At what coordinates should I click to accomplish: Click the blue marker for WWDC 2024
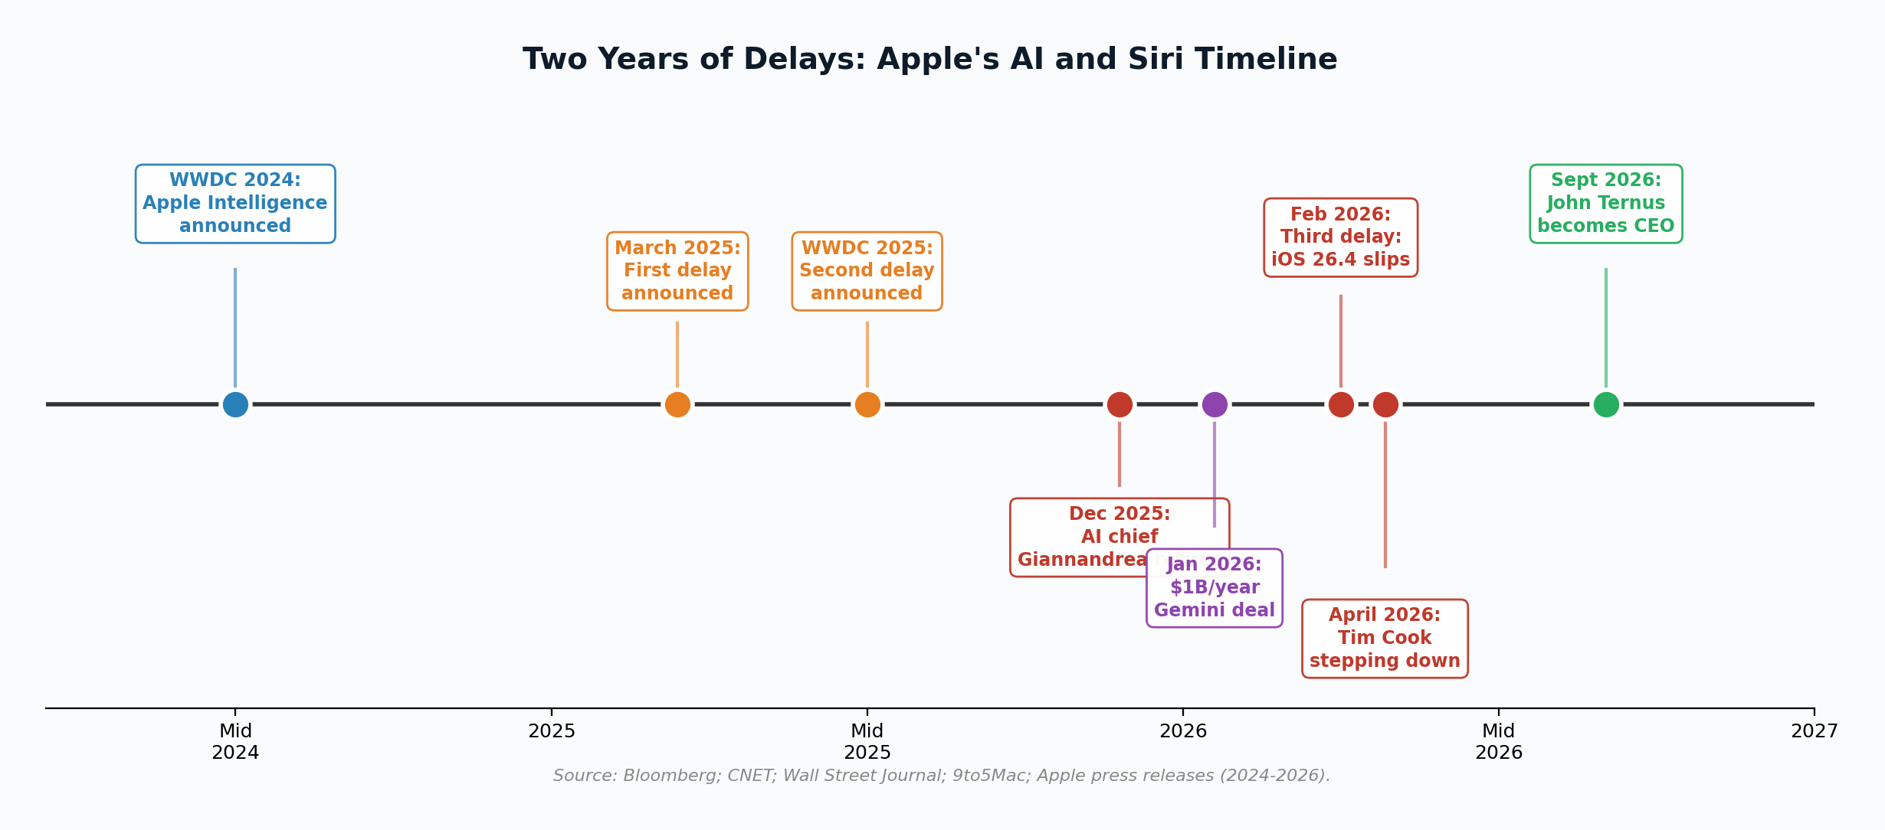(235, 404)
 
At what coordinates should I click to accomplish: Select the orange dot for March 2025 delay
(677, 404)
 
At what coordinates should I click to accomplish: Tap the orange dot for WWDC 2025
(867, 404)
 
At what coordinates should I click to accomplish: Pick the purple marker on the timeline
(1215, 404)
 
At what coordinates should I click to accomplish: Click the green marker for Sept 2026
(1606, 404)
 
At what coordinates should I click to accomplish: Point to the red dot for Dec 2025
(1120, 404)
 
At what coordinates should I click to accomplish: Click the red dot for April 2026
(1385, 404)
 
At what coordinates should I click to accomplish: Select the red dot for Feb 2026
(1341, 404)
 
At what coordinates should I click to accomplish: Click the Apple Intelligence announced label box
(235, 204)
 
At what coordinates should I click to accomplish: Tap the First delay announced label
(677, 271)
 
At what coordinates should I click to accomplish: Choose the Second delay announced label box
(867, 271)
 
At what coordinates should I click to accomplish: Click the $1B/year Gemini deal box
(1215, 588)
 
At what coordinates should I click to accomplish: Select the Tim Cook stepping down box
(1385, 639)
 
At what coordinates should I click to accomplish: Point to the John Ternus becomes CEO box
(1606, 204)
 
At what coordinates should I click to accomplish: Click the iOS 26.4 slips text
(1341, 260)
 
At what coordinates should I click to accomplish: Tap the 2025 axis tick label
(552, 731)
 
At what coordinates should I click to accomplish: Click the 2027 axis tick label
(1814, 731)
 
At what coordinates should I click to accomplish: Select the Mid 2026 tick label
(1498, 742)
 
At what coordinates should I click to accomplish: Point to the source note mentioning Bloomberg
(941, 776)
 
